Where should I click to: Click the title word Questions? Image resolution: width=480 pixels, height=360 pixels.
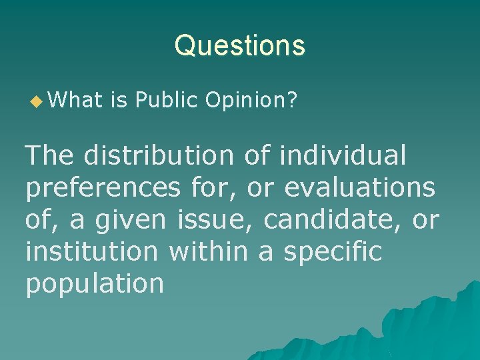[240, 46]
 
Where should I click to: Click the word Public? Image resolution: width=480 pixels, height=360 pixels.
[167, 101]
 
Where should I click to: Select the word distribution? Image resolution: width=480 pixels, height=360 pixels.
[159, 156]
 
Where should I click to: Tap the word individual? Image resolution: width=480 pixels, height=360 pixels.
[343, 156]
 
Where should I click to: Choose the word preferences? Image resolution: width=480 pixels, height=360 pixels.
[103, 189]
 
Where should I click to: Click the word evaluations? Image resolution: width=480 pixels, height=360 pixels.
[360, 189]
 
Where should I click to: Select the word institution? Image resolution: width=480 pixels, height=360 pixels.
[91, 251]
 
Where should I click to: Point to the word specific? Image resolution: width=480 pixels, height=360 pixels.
[333, 252]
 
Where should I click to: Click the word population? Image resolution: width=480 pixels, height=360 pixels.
[95, 283]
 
